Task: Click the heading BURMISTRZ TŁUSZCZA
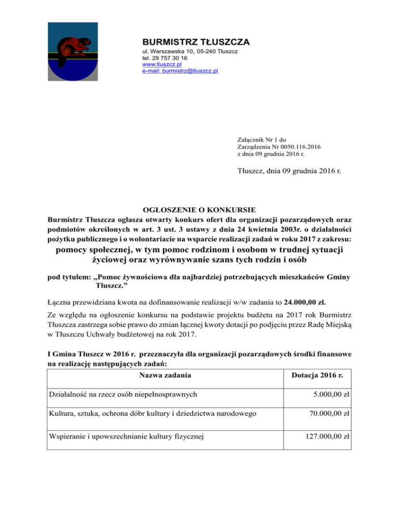coord(196,42)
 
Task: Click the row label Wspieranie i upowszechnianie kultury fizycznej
coord(125,436)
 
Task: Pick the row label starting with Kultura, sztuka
coord(151,415)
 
